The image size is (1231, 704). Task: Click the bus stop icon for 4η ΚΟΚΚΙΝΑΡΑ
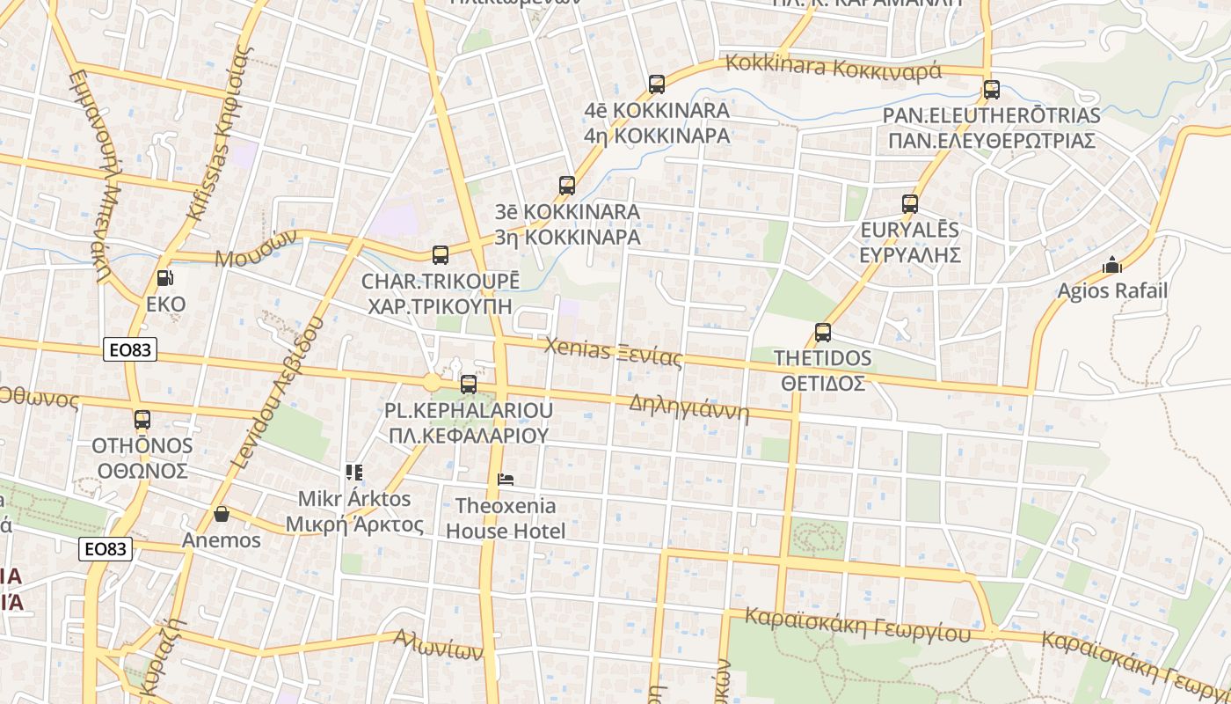pyautogui.click(x=657, y=84)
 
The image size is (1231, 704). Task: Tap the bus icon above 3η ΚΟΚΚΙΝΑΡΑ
pyautogui.click(x=567, y=186)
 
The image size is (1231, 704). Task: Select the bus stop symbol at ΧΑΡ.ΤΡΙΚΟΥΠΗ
pyautogui.click(x=441, y=255)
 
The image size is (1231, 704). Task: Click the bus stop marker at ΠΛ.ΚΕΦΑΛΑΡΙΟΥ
pyautogui.click(x=469, y=384)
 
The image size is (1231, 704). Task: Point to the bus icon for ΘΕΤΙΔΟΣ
pyautogui.click(x=823, y=333)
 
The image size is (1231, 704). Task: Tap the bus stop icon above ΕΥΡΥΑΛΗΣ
pyautogui.click(x=910, y=204)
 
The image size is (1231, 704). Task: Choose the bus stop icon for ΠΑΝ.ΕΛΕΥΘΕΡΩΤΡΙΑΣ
pyautogui.click(x=992, y=89)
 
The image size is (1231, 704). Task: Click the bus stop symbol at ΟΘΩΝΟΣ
pyautogui.click(x=142, y=420)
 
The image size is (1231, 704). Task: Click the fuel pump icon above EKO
pyautogui.click(x=164, y=279)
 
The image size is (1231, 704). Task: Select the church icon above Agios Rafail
pyautogui.click(x=1112, y=264)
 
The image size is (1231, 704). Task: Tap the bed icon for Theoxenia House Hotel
pyautogui.click(x=506, y=480)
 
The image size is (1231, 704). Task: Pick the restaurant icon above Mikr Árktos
pyautogui.click(x=353, y=473)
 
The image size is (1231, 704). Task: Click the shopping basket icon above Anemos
pyautogui.click(x=222, y=514)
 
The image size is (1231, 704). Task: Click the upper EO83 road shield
pyautogui.click(x=130, y=349)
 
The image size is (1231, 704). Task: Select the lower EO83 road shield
pyautogui.click(x=106, y=549)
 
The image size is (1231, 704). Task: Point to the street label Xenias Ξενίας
pyautogui.click(x=613, y=352)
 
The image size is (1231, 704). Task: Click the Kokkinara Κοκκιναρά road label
pyautogui.click(x=833, y=67)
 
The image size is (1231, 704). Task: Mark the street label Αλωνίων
pyautogui.click(x=438, y=645)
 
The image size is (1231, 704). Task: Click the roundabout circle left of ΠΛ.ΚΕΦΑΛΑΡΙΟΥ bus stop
pyautogui.click(x=432, y=383)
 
